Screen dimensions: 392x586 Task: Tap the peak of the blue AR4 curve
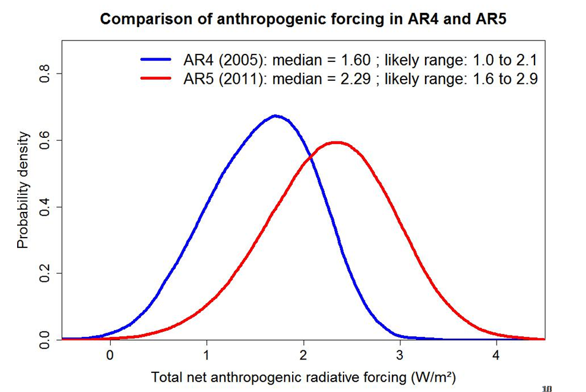pos(276,116)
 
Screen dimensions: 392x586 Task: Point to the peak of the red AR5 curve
pos(336,143)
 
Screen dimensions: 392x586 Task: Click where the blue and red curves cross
pos(310,157)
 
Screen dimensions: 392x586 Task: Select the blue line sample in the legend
pos(159,59)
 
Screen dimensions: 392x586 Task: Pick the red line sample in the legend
pos(159,78)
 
